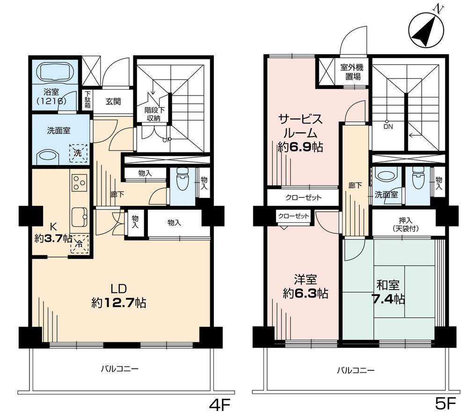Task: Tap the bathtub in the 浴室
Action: pos(55,73)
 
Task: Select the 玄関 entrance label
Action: pos(113,101)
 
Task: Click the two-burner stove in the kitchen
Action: pos(79,182)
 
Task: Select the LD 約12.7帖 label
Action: pos(118,296)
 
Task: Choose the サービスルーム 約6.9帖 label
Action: pos(300,132)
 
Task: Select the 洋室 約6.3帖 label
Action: pos(305,287)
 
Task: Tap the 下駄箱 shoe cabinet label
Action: pos(88,100)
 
